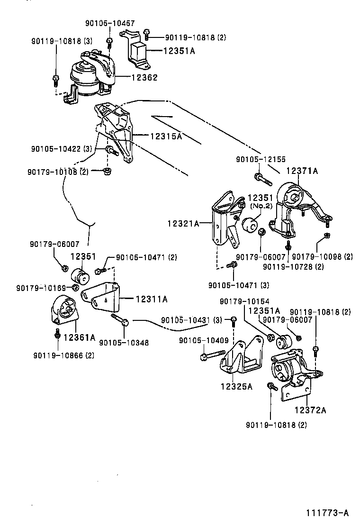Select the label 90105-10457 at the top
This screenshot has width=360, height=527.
110,23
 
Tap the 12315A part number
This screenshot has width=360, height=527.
166,136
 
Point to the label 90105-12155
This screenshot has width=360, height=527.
261,160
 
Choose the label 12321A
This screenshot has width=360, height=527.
183,222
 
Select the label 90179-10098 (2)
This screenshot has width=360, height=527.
323,256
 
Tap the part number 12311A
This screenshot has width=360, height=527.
152,299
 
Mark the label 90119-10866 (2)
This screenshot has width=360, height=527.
63,355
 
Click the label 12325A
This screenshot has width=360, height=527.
236,386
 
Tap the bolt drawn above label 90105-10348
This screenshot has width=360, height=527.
119,319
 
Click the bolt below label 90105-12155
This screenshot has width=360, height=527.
262,179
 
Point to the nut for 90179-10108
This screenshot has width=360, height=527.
107,170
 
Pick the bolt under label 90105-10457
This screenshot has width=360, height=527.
109,42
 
